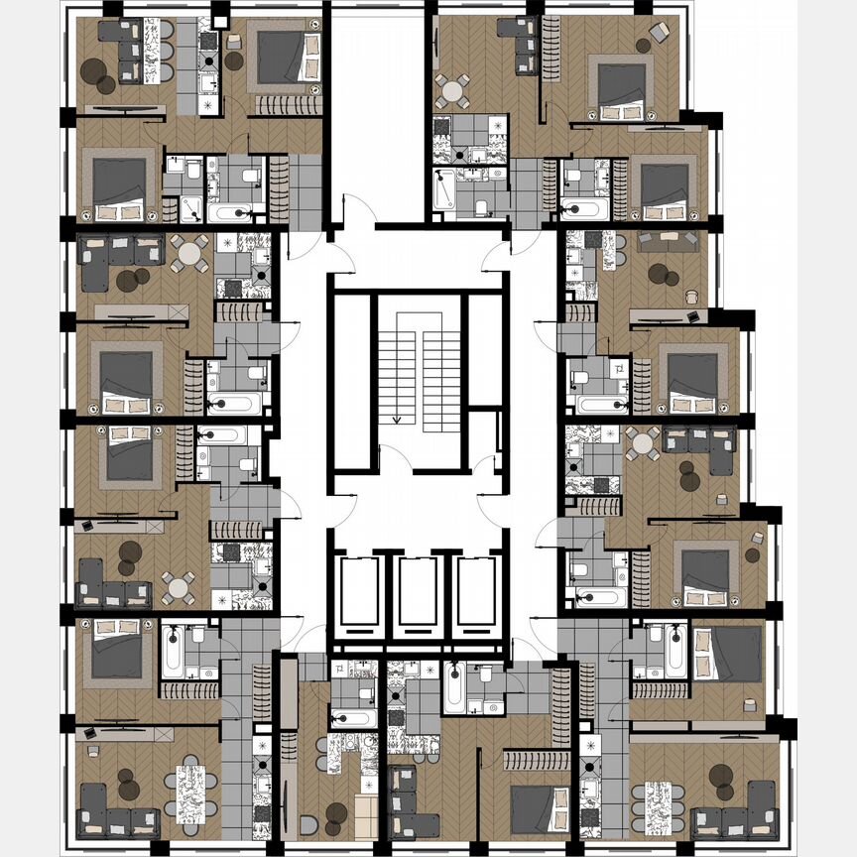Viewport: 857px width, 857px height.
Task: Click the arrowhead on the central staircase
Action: [397, 420]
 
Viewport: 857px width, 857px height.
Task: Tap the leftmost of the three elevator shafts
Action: [359, 596]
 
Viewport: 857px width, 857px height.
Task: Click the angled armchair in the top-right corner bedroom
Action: [659, 34]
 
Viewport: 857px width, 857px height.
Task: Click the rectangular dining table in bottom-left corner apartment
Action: [190, 790]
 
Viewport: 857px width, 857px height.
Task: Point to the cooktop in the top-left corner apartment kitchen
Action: [208, 42]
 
